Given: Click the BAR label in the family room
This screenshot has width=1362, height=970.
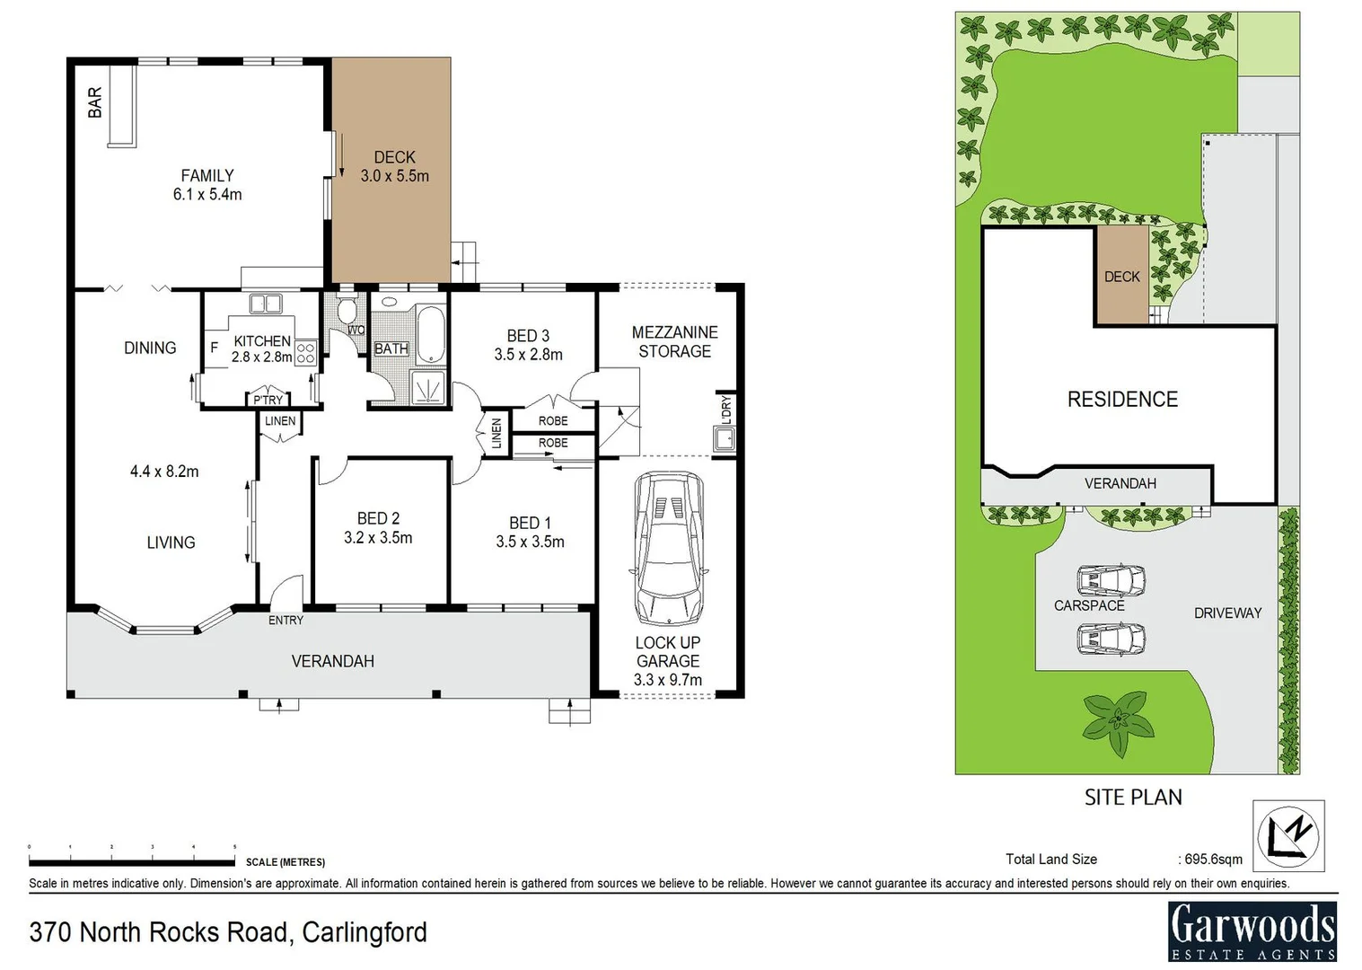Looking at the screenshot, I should coord(94,102).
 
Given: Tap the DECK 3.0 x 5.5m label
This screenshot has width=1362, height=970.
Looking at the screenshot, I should coord(394,167).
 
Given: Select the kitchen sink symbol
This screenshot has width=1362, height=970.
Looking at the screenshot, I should coord(265,304).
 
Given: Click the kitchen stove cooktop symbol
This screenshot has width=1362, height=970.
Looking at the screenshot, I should coord(305,353).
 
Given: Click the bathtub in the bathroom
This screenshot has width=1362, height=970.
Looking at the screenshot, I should coord(431,335).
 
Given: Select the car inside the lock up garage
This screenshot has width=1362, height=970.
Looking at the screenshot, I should coord(669,549).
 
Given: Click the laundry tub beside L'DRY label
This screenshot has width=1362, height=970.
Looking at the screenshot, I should coord(724,439).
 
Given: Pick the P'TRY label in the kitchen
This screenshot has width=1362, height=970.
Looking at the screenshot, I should coord(268,401).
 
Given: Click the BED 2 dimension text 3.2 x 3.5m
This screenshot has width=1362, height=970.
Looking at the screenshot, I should coord(378,538).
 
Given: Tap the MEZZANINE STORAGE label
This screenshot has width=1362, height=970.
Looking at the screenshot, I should coord(674,342).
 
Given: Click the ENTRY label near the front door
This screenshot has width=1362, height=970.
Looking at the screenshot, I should coord(286,621).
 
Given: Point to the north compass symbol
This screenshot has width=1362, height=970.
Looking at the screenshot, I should coord(1288,836).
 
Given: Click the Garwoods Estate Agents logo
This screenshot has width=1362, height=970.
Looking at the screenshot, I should coord(1252,930).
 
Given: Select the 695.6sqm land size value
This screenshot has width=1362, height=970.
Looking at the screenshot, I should coord(1211,860).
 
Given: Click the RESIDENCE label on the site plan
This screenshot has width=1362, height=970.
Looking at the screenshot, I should coord(1122,400).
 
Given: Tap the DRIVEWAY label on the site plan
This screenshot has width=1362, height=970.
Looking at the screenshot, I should coord(1227,613).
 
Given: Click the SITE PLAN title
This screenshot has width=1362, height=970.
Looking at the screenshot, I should coord(1133,798).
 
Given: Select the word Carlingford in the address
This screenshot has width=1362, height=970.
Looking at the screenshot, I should coord(365,932).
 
